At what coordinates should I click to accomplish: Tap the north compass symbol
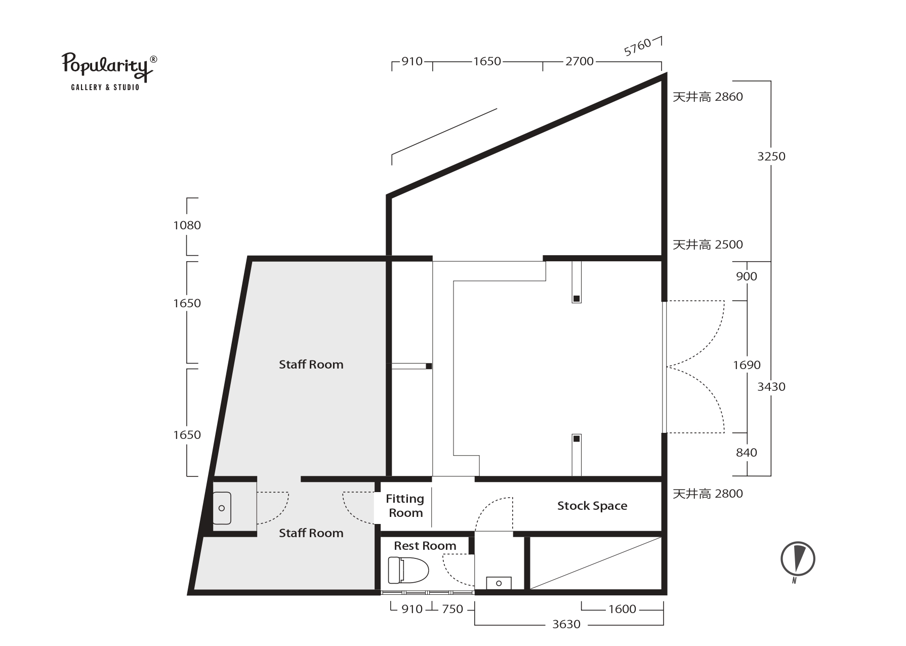798,560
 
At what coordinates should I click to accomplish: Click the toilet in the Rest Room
408,570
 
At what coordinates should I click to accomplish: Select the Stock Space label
592,506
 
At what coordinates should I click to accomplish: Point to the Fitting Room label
405,506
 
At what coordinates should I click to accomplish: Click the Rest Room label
425,546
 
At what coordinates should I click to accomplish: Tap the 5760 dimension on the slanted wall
637,48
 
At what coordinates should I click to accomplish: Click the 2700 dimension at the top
580,61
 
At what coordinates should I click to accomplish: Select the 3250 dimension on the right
771,156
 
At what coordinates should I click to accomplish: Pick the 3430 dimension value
771,387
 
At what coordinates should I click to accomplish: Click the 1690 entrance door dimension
747,365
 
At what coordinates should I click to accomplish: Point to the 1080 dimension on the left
187,225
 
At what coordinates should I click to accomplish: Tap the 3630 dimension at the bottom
566,624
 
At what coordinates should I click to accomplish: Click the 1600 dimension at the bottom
622,609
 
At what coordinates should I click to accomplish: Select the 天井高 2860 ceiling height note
708,97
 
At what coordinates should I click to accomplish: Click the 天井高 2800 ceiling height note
708,494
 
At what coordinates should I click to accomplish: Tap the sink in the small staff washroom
222,508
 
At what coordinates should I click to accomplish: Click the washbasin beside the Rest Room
499,583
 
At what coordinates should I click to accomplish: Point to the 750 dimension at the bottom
452,609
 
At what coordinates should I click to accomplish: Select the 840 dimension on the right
747,453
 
